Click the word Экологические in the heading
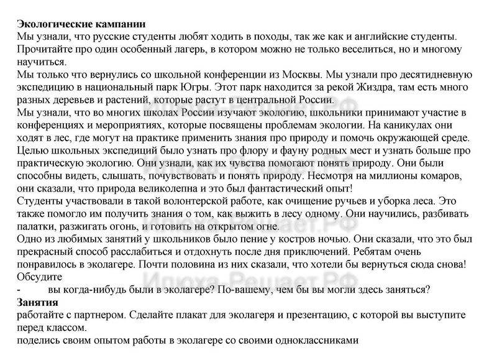point(53,24)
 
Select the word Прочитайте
point(45,50)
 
